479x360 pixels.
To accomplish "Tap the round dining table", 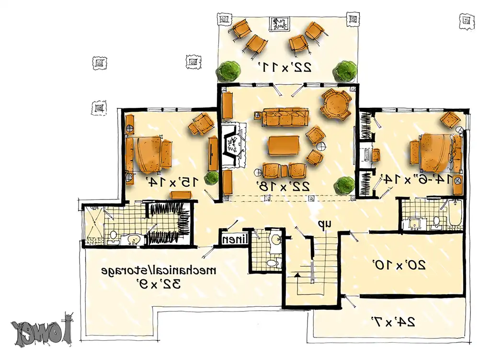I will [x=337, y=103].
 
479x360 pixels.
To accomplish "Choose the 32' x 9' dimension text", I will [x=158, y=284].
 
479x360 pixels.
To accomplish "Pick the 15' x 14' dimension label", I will [x=171, y=182].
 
